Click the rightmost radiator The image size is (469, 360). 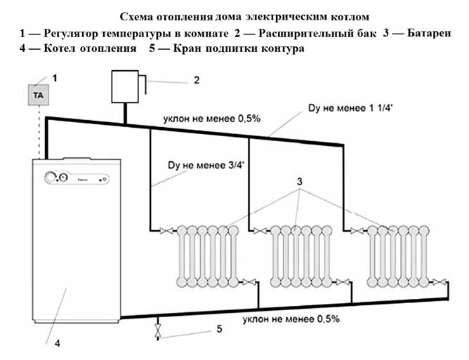click(399, 256)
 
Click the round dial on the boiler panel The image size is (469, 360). click(52, 177)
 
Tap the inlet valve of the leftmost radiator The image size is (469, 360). click(165, 229)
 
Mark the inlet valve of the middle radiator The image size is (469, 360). click(260, 229)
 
